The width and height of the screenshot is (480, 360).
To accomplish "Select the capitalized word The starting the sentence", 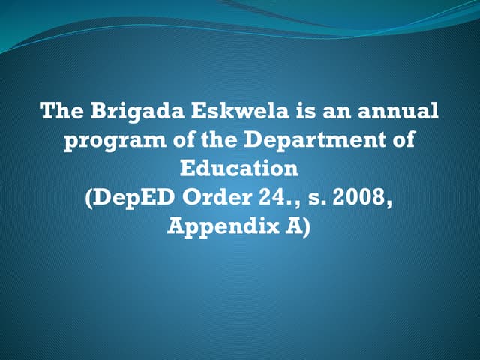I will (62, 112).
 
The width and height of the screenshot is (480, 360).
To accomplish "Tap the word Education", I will (239, 168).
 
